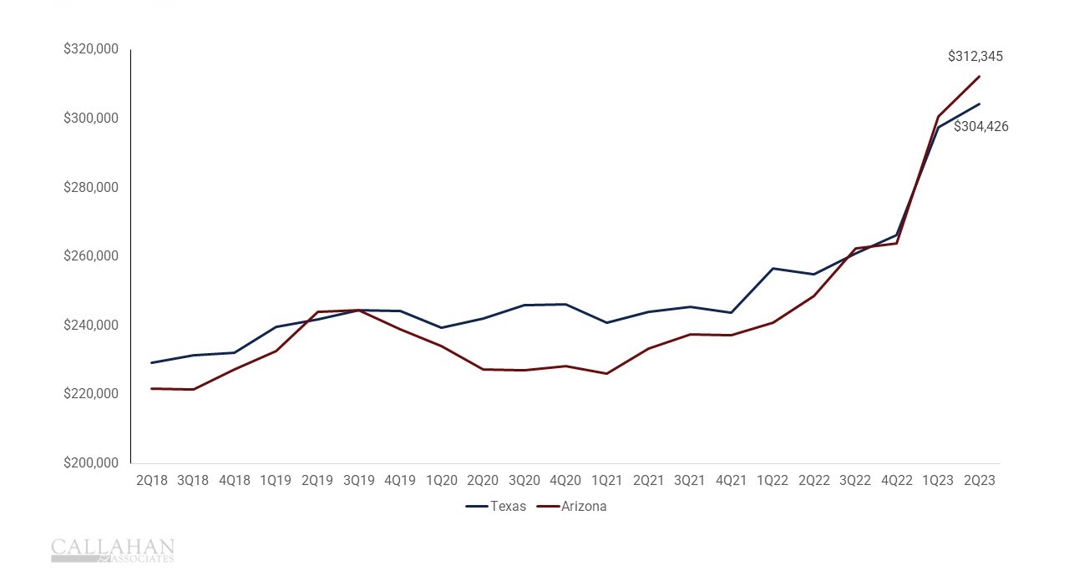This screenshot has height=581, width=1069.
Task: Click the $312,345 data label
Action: [x=975, y=57]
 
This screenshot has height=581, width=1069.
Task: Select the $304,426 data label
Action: [x=980, y=127]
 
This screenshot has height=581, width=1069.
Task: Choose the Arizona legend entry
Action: [x=584, y=507]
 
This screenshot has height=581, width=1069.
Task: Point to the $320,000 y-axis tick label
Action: [x=90, y=49]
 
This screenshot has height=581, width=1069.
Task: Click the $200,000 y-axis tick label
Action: [x=90, y=463]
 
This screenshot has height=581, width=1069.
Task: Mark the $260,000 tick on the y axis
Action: [x=90, y=256]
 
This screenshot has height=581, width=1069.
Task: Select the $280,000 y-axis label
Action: [x=90, y=187]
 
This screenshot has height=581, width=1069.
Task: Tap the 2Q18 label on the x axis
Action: [x=151, y=481]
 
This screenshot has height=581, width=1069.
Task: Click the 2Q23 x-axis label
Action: [x=979, y=481]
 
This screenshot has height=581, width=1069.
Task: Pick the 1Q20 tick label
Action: [x=441, y=481]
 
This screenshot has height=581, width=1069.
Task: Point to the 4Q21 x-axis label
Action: [x=731, y=481]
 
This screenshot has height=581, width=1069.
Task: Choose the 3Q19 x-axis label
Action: [x=358, y=481]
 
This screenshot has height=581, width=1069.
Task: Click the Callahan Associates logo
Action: [x=113, y=550]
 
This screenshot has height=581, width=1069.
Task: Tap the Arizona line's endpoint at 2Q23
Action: [x=979, y=77]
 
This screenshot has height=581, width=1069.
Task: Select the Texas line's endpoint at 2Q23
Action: [x=979, y=104]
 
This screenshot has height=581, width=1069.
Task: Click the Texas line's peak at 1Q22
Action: [x=773, y=269]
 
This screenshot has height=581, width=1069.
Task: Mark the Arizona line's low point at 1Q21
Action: [x=606, y=373]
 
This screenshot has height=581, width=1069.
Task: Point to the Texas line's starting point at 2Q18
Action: [x=152, y=362]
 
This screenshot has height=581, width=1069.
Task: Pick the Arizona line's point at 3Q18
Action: [x=193, y=389]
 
